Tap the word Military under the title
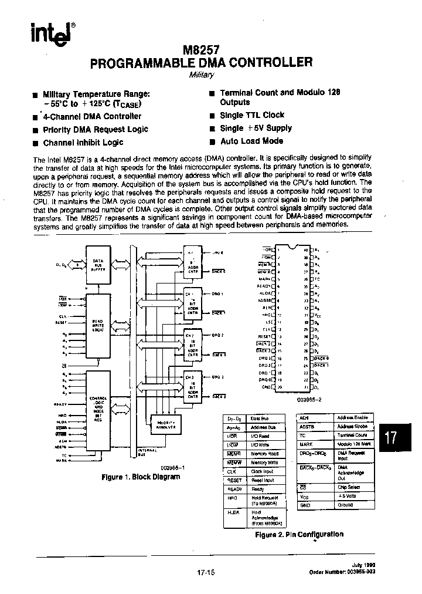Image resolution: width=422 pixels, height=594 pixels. [x=202, y=75]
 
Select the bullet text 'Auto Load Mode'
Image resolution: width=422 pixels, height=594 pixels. [x=251, y=141]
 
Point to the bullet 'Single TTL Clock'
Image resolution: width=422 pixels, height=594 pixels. [x=252, y=116]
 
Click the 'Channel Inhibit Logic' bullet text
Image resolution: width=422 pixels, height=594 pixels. [x=83, y=143]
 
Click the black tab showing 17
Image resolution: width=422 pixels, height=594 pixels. [x=392, y=437]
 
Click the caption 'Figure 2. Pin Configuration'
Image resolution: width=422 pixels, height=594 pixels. [x=299, y=534]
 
